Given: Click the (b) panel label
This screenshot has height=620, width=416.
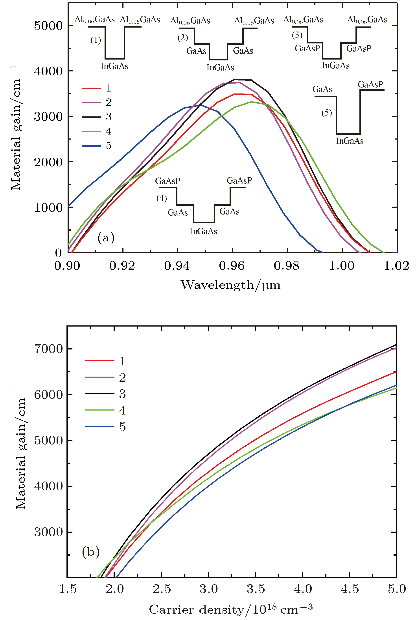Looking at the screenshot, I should point(91,552).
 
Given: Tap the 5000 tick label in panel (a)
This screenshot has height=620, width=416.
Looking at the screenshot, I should point(48,26).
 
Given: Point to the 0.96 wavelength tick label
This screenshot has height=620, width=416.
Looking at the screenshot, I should point(232,266).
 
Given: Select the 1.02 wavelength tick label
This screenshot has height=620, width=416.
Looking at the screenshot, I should point(396,266).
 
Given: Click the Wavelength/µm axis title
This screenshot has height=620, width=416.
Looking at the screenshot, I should point(230,285).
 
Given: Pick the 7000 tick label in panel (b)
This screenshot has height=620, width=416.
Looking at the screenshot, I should point(48,349).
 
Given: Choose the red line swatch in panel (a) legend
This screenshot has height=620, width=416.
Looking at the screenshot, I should point(92,88).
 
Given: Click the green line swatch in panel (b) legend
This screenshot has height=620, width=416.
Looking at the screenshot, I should point(99,410).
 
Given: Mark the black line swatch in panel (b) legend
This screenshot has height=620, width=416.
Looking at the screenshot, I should point(99,394).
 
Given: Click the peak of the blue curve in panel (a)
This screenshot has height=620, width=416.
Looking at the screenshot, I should point(199,105).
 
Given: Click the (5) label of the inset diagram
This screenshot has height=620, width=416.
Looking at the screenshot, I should point(327,113).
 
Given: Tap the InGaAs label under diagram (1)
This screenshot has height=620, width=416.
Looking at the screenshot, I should point(114,66).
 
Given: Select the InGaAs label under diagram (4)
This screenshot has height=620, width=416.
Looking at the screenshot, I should point(203,231).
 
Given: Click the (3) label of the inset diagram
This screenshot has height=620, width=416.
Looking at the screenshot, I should point(297,35).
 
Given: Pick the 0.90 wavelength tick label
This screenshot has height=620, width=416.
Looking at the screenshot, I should point(67,266).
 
